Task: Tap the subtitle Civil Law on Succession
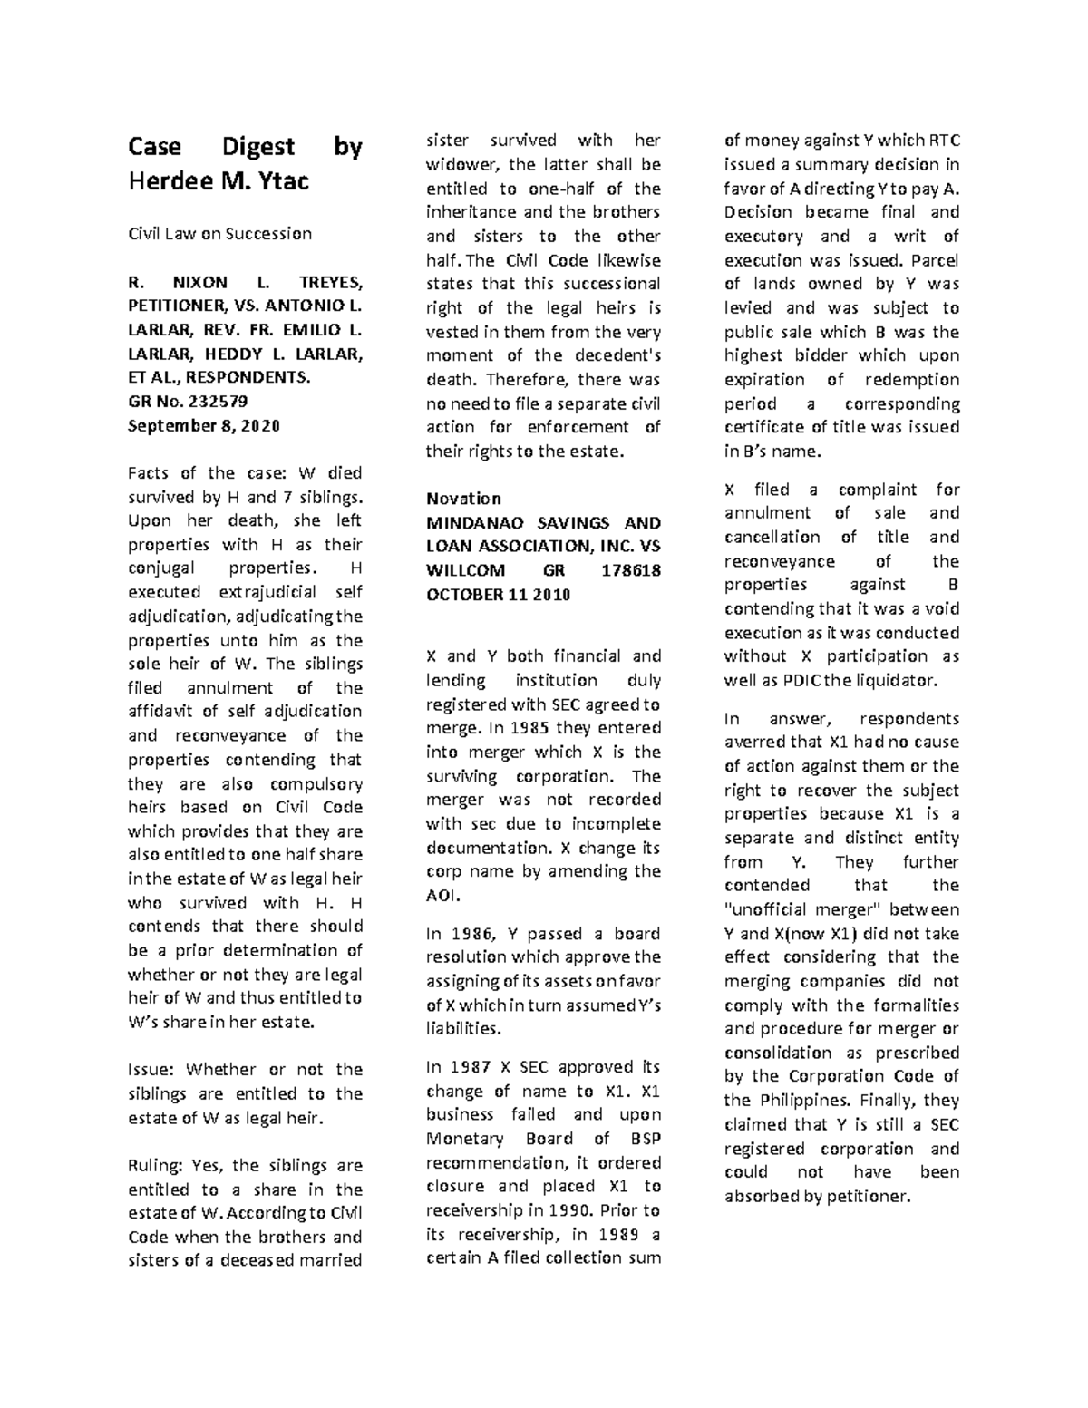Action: click(219, 233)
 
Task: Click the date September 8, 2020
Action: click(204, 425)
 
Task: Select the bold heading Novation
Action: click(463, 499)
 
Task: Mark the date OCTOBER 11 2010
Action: click(498, 595)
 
